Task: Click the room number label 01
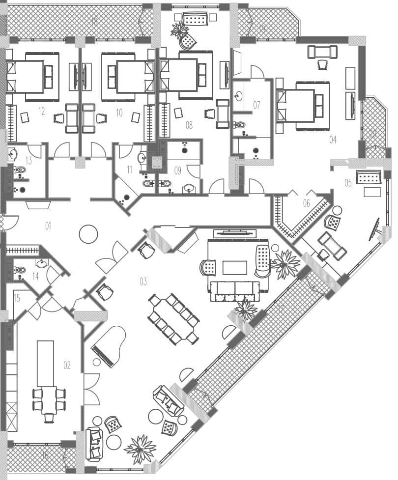pos(48,226)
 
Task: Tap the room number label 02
pos(67,365)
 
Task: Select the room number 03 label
pos(143,282)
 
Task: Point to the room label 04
pos(333,140)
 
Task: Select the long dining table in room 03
pos(173,319)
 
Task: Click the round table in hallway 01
pos(88,233)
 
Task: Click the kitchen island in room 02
pos(45,364)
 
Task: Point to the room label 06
pos(307,203)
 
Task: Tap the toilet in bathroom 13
pos(20,170)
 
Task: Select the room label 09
pos(177,171)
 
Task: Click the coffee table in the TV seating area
pos(234,268)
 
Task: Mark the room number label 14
pos(35,276)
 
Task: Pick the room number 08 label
pos(189,125)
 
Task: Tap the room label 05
pos(348,183)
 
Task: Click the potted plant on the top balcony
pos(180,30)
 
